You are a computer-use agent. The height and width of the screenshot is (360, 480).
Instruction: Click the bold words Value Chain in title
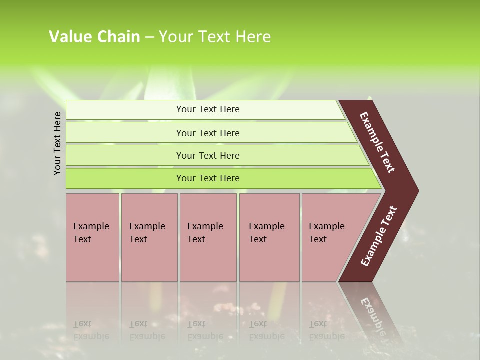94,37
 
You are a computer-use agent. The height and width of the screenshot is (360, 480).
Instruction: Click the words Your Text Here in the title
215,37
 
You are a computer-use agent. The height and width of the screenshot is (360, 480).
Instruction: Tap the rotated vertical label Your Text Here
57,143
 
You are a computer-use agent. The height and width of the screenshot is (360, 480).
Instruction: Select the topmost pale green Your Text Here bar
207,109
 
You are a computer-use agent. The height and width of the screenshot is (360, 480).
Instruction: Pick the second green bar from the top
207,133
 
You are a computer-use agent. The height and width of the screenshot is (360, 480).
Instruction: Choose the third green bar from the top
207,155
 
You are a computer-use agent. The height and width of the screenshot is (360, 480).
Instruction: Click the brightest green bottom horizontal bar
207,178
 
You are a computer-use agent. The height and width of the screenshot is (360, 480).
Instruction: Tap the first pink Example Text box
92,237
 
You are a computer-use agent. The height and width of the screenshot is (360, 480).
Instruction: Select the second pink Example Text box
149,237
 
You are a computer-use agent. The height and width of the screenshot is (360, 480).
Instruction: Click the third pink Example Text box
208,237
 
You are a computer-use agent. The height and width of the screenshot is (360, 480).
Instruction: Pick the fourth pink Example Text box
269,237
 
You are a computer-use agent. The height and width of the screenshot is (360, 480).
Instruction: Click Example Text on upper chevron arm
377,142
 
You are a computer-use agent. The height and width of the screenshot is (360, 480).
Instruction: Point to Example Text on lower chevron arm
378,236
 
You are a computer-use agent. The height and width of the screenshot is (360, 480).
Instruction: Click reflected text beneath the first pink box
91,330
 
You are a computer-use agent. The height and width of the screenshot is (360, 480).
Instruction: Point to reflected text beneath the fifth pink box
326,330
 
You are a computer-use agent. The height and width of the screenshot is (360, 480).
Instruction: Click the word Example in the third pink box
205,226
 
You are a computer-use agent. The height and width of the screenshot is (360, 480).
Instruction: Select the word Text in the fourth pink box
258,239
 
